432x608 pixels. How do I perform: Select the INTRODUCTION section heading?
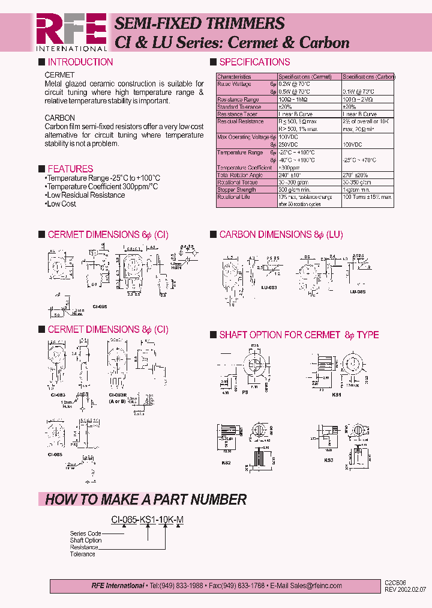[80, 62]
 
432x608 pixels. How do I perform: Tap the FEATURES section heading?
[70, 169]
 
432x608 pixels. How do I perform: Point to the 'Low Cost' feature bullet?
[61, 204]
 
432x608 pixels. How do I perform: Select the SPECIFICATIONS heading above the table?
[254, 62]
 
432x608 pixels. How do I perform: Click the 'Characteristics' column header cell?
[234, 77]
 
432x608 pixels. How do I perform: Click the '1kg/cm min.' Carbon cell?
[358, 190]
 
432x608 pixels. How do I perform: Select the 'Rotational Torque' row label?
[238, 182]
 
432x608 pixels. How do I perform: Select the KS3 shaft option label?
[328, 460]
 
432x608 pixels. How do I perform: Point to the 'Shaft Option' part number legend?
[86, 540]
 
